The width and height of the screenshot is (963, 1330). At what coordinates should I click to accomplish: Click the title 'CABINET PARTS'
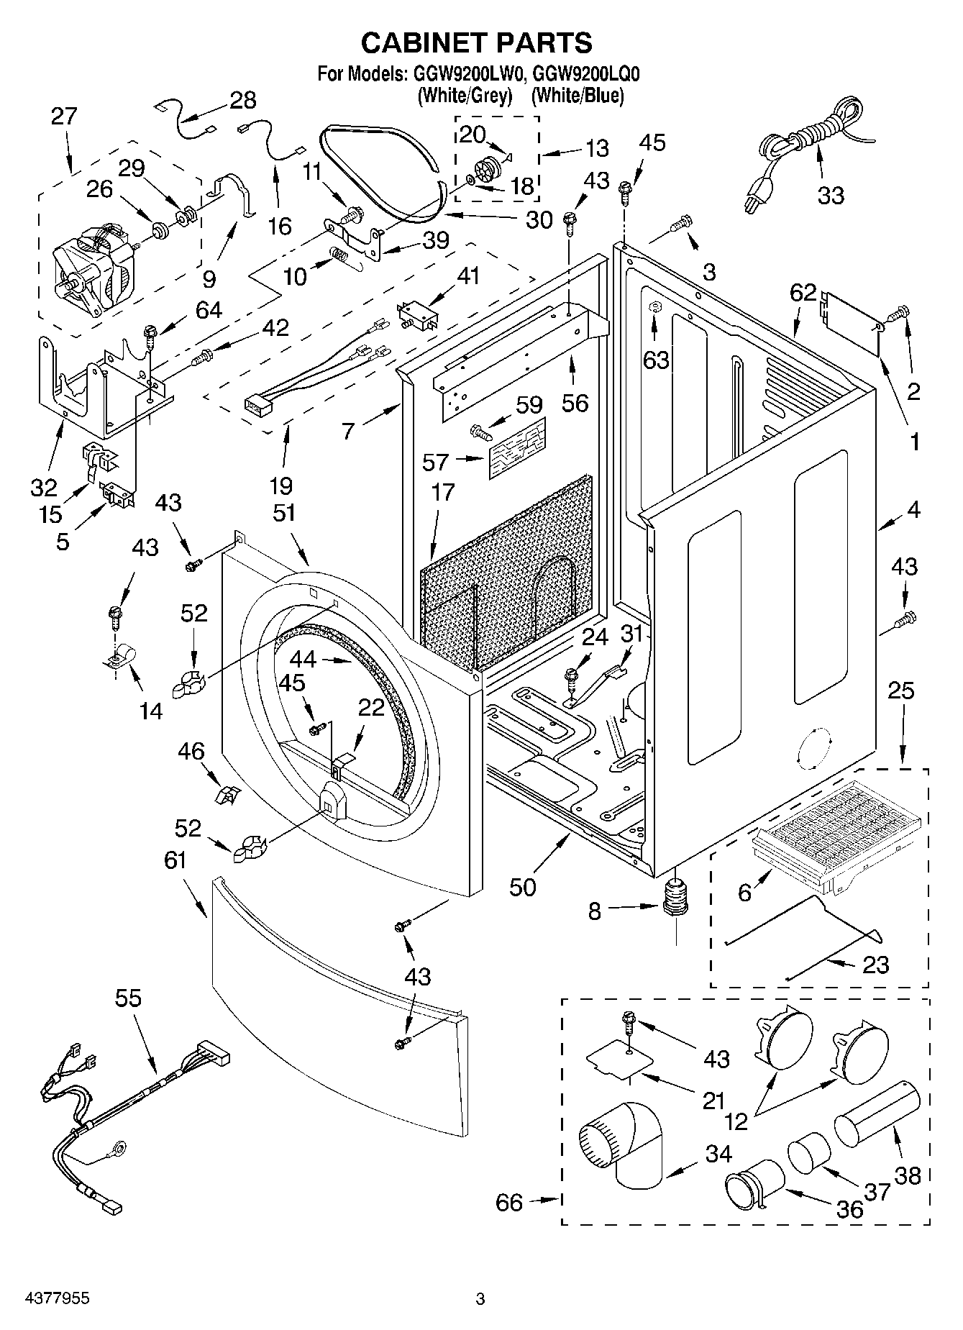[476, 43]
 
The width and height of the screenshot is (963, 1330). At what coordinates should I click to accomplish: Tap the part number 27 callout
[64, 116]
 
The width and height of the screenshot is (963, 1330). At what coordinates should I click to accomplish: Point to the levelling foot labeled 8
[675, 899]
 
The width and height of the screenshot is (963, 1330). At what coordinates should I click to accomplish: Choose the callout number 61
[175, 860]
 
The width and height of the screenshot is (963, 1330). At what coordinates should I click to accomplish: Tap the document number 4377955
[49, 1298]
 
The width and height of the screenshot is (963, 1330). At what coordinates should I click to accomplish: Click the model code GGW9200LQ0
[588, 73]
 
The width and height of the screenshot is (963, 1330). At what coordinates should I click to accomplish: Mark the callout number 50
[523, 888]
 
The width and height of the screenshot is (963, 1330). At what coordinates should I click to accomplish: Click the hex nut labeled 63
[654, 307]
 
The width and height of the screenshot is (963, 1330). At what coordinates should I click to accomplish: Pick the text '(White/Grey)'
[465, 95]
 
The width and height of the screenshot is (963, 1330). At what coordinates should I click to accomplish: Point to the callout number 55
[128, 998]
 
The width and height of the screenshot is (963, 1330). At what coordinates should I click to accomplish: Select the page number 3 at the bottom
[480, 1299]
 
